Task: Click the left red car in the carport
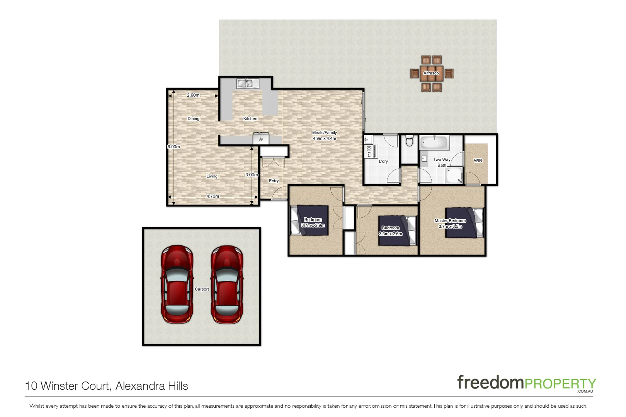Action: pos(177,285)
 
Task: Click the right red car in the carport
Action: pos(227,285)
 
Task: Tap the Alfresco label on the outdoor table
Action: pos(431,73)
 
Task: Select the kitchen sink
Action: pos(247,83)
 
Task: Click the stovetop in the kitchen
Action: pos(261,139)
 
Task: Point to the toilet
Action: pos(410,141)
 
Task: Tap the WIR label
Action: pos(478,161)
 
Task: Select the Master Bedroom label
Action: pos(450,221)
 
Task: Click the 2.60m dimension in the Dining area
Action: pos(193,95)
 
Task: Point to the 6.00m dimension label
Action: pos(174,147)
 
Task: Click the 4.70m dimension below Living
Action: pos(213,196)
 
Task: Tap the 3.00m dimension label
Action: pos(252,175)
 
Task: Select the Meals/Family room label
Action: pos(324,133)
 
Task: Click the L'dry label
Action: pos(383,161)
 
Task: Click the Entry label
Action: pos(274,181)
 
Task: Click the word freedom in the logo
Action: pos(490,383)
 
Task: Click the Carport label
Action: pos(202,289)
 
